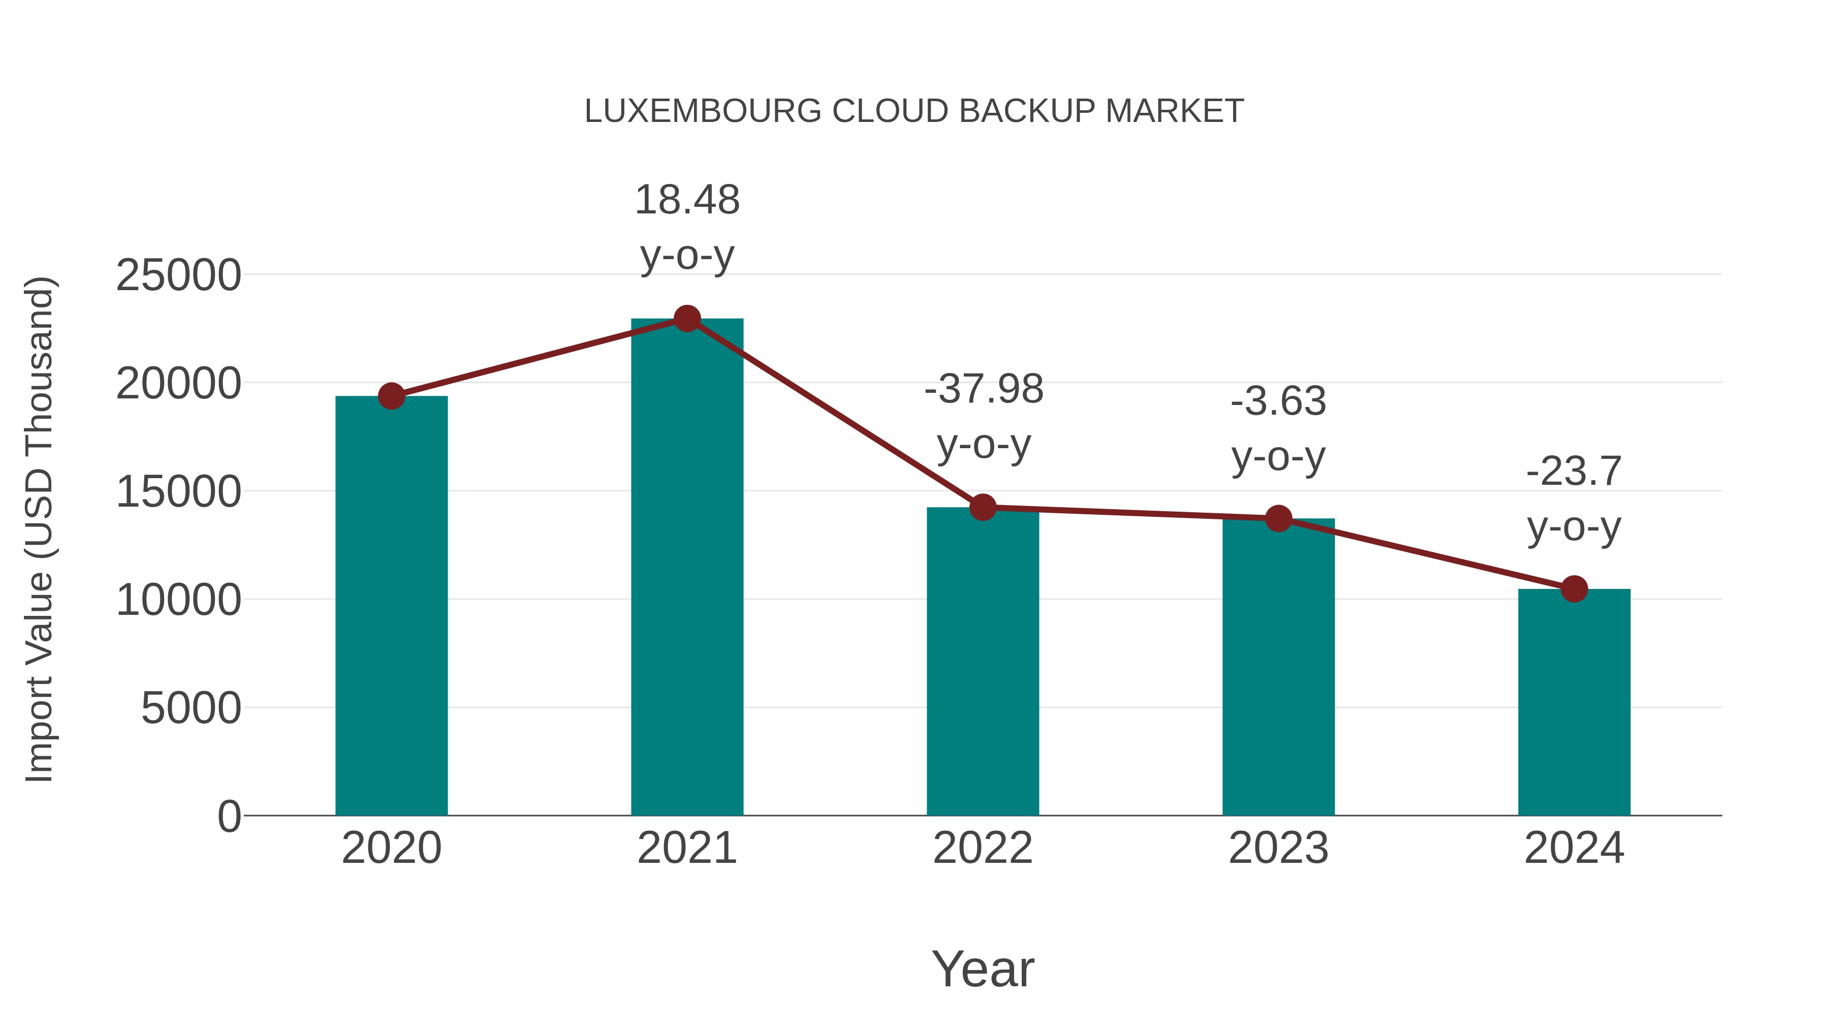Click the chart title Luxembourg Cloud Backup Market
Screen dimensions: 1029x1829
point(914,111)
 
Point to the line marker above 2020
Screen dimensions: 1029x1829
point(391,396)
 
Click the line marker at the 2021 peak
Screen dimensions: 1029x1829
point(686,319)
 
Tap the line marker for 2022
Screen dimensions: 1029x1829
point(983,507)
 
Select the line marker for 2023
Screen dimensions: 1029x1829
point(1278,518)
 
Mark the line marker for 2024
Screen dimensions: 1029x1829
point(1574,589)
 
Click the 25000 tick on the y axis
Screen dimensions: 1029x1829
point(178,275)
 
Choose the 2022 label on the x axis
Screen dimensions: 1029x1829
point(983,848)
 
